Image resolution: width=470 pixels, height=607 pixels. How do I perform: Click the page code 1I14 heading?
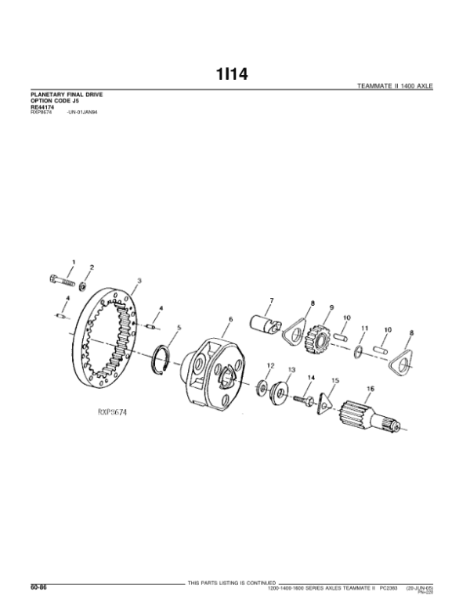pyautogui.click(x=233, y=75)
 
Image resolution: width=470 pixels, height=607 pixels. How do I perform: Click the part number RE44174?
pyautogui.click(x=42, y=107)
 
